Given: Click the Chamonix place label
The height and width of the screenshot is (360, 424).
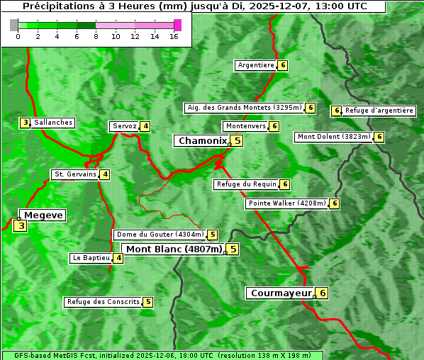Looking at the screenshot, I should click(x=202, y=141).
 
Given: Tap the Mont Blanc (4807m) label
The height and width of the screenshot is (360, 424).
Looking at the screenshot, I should click(x=174, y=249).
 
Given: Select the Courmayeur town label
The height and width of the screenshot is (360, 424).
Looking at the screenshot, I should click(x=281, y=293).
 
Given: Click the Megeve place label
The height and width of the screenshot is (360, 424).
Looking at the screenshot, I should click(x=44, y=215).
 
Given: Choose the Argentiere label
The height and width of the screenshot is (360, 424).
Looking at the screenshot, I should click(x=256, y=65).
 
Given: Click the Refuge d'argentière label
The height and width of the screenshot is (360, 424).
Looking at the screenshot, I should click(x=379, y=111).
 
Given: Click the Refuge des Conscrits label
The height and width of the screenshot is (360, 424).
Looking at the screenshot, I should click(x=104, y=302).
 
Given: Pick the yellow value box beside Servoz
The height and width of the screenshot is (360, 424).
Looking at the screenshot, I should click(x=145, y=126).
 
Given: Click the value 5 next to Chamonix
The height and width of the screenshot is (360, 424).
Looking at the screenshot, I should click(x=238, y=140).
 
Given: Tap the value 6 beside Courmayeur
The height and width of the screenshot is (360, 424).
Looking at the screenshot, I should click(x=323, y=293).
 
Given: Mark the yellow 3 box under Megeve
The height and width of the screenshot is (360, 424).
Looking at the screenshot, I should click(x=21, y=226).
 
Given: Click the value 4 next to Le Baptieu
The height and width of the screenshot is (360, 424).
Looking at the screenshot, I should click(x=118, y=258).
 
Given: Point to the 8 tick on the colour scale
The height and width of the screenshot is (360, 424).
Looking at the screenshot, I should click(x=96, y=36).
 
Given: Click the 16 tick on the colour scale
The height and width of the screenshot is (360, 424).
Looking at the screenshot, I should click(x=174, y=36).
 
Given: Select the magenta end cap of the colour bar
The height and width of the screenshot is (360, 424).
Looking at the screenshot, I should click(x=178, y=25).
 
